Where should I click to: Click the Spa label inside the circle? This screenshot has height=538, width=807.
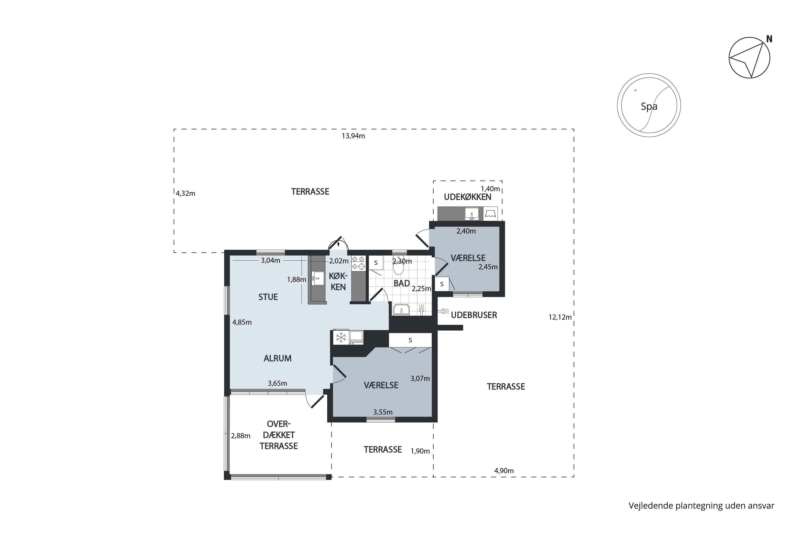(649, 106)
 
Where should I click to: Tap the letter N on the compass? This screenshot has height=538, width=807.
(769, 39)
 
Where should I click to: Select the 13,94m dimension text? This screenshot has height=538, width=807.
(353, 136)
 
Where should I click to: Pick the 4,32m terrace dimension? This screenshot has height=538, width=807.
(186, 193)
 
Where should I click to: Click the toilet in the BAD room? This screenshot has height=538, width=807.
(398, 266)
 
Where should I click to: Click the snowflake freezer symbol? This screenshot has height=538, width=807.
(341, 338)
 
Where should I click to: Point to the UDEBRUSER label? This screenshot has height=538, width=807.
(474, 315)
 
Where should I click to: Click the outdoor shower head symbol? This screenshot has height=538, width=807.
(444, 311)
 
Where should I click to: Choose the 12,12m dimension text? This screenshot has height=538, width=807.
(560, 317)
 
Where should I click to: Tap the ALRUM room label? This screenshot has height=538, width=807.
(278, 358)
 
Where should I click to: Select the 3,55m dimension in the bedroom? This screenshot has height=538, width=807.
(383, 412)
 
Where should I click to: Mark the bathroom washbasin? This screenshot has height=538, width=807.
(401, 310)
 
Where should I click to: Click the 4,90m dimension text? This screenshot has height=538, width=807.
(504, 471)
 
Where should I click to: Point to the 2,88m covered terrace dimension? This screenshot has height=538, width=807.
(240, 436)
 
